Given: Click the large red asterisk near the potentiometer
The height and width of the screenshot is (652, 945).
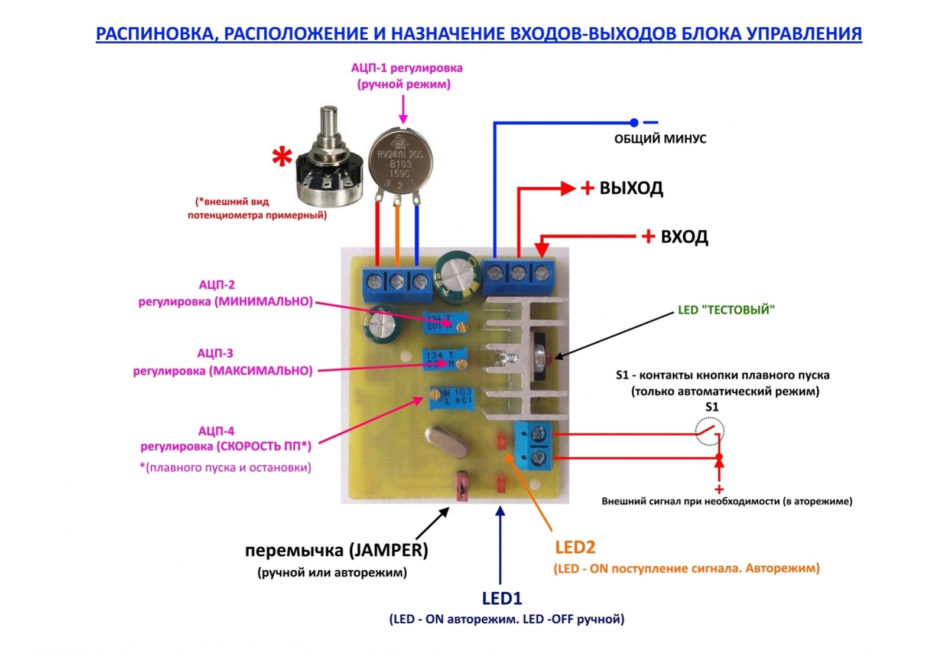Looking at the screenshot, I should [282, 158].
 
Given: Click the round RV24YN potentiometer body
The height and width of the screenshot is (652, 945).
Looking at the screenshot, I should [400, 159].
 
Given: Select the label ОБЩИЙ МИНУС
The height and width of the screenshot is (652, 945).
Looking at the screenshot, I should [660, 139].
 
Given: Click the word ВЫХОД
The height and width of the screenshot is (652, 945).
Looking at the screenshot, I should [631, 188].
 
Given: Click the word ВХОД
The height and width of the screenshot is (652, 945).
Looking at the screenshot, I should [684, 237].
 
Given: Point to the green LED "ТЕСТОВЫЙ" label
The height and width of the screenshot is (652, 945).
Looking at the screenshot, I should [726, 310].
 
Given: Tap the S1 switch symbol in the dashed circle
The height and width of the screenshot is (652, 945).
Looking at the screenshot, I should [709, 431].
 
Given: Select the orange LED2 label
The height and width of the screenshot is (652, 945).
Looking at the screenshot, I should [574, 547].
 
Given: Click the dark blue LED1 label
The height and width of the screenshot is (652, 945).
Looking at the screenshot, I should [502, 599].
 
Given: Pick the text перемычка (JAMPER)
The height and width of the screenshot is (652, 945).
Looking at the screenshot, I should [336, 550].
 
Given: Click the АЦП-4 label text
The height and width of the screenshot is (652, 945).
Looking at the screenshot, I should [216, 431].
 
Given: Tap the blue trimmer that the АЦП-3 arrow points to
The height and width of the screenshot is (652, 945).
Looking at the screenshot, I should [445, 359].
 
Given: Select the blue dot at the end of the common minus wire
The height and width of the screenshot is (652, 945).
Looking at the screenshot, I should [634, 123].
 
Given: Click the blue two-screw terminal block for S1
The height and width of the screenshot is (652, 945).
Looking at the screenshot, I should [534, 446].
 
